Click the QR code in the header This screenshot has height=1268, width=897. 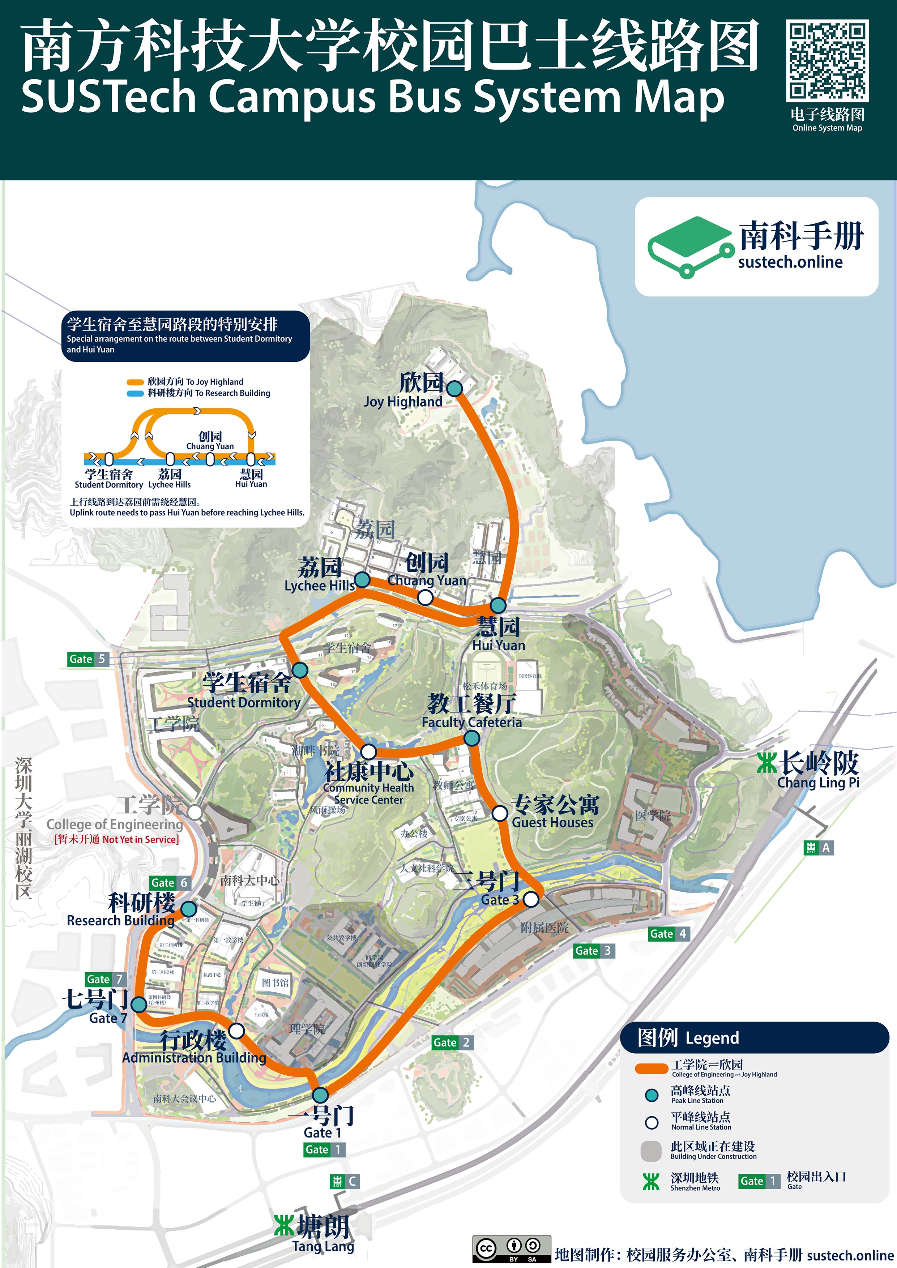click(827, 61)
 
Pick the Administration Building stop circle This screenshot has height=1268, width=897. click(236, 1031)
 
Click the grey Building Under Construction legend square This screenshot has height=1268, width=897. click(651, 1151)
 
